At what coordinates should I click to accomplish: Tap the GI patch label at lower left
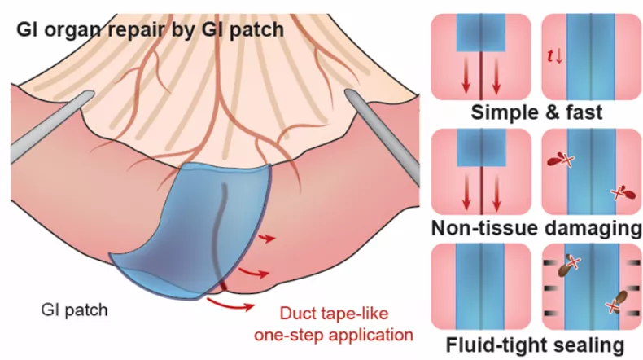[76, 310]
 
